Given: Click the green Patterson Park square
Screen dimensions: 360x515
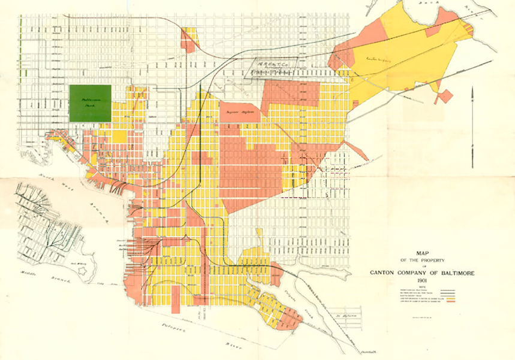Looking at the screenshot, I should click(x=90, y=103).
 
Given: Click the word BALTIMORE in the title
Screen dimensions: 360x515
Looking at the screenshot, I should click(x=444, y=273).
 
